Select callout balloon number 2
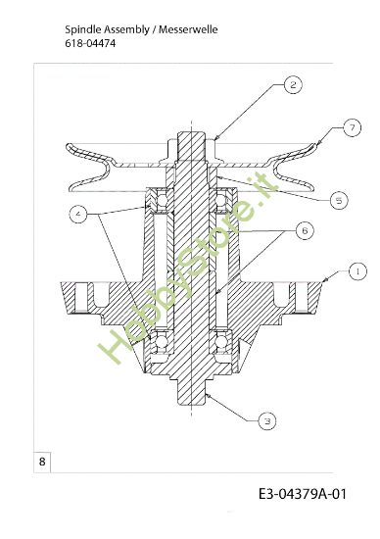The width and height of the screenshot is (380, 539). [x=292, y=85]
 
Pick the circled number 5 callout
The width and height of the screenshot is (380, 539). [x=338, y=200]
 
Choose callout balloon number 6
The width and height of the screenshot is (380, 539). [x=305, y=230]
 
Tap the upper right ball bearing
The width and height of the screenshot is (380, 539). [x=222, y=201]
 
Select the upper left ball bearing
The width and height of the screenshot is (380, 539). [x=156, y=201]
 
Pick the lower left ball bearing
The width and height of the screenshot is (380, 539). [x=156, y=343]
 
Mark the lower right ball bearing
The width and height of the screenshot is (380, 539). [x=222, y=343]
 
